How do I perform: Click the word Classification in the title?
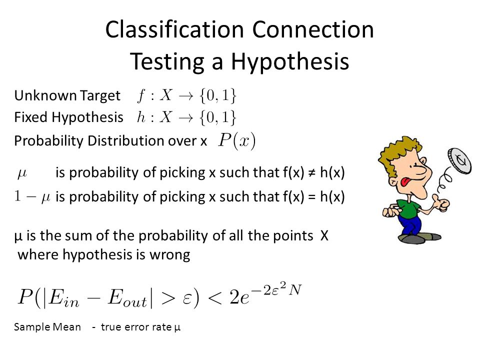pos(174,29)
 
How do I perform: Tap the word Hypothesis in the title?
pos(289,62)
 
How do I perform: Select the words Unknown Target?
pos(67,95)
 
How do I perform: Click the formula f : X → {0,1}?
pos(186,95)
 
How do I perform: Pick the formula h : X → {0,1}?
pos(186,117)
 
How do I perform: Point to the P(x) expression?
pos(236,141)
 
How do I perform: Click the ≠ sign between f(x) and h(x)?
pos(312,173)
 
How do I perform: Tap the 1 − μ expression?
pos(32,196)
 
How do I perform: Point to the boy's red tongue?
pos(405,182)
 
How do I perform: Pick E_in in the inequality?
pos(63,297)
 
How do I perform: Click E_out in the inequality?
pos(127,297)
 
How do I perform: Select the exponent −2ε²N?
pos(277,289)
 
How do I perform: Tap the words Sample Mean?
pos(47,327)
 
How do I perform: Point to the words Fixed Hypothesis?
pos(68,117)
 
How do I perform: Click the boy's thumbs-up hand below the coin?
pos(441,202)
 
